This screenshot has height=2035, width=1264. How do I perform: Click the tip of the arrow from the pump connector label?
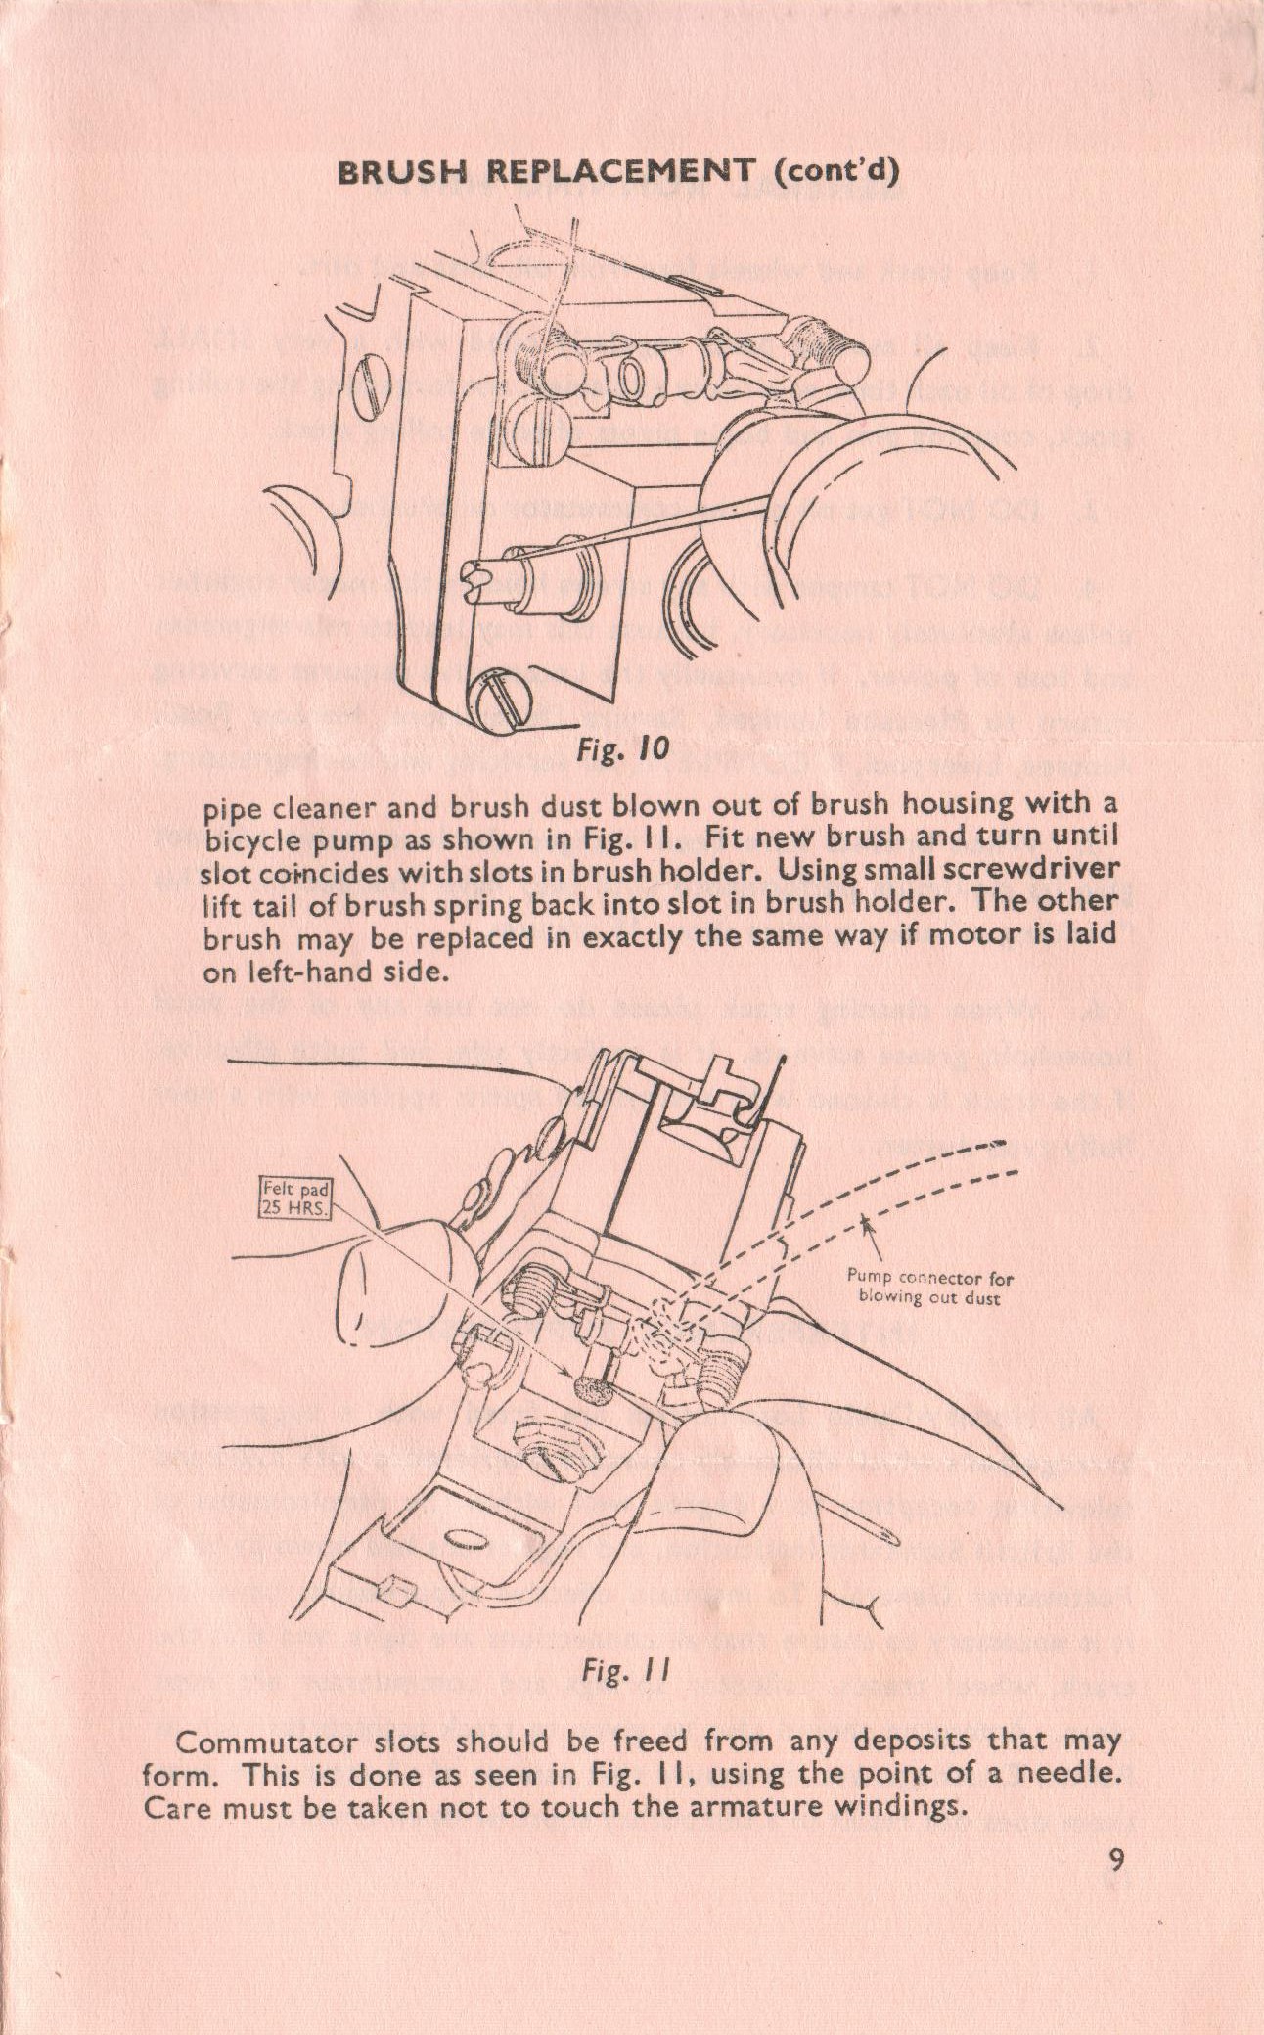[x=864, y=1216]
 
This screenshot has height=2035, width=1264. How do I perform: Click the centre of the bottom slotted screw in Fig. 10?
[x=505, y=701]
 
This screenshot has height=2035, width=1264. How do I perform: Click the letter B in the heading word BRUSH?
[x=347, y=173]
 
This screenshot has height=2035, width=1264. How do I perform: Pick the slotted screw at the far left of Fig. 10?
[x=368, y=385]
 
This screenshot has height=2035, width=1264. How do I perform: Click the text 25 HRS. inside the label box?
[x=295, y=1206]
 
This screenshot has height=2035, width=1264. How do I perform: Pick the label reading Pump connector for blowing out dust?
[x=929, y=1288]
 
